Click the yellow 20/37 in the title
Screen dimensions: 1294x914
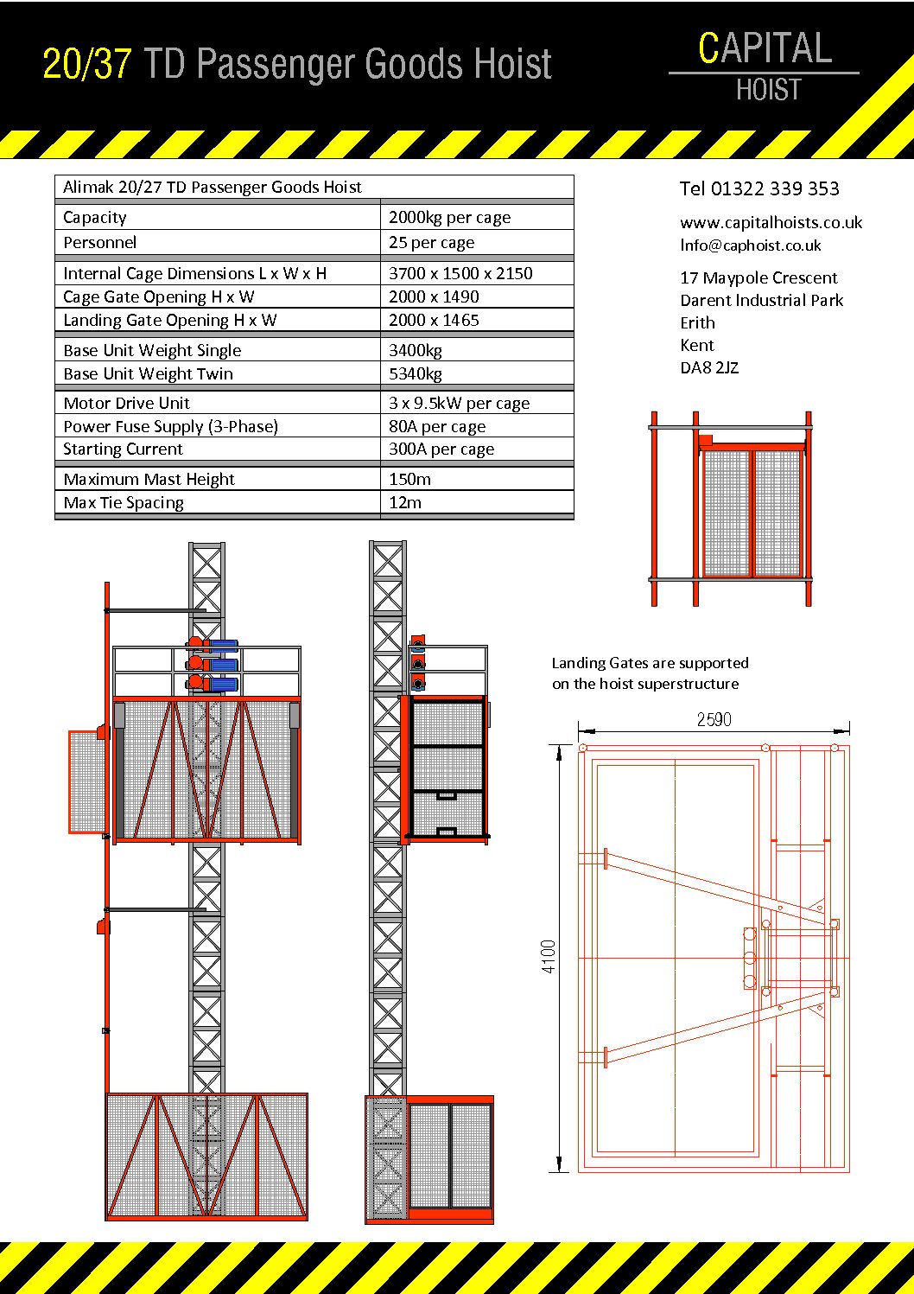(87, 65)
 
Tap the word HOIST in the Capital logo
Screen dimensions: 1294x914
(768, 90)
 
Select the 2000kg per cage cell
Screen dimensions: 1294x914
(449, 218)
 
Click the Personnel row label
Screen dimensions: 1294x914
(100, 243)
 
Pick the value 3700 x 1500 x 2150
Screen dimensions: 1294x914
(460, 273)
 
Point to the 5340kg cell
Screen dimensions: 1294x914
(416, 374)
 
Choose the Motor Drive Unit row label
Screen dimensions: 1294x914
(126, 404)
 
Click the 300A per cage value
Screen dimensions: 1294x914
(441, 449)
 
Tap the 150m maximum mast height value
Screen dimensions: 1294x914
(409, 480)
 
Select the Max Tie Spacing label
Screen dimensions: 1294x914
(124, 503)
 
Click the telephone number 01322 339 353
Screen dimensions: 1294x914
(774, 188)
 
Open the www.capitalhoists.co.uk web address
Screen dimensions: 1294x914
(771, 223)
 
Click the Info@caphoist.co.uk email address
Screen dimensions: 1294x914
(750, 245)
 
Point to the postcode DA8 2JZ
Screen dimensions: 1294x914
(709, 368)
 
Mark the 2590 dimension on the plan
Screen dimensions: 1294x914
(714, 719)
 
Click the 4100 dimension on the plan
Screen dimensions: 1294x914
(549, 957)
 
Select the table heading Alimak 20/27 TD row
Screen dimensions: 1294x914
(213, 188)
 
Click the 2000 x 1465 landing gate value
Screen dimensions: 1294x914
(434, 321)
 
